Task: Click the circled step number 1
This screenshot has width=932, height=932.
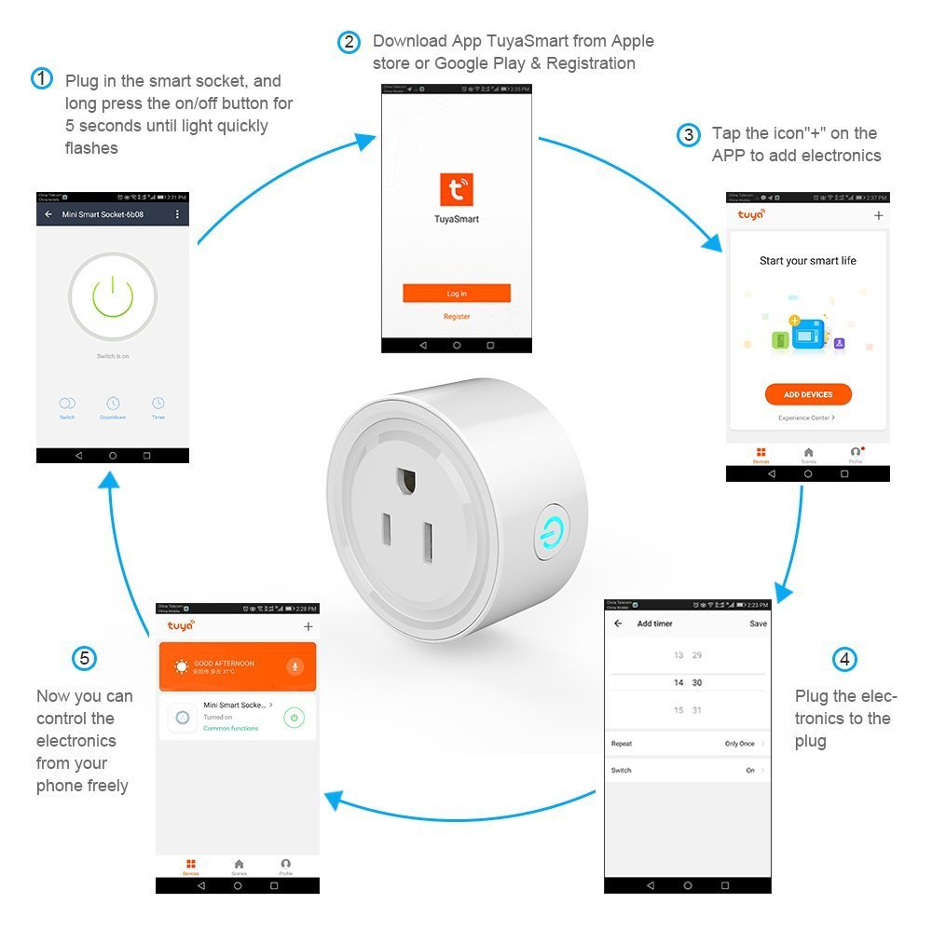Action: tap(42, 78)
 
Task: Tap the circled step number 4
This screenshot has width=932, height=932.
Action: tap(844, 660)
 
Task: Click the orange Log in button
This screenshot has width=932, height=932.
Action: tap(457, 294)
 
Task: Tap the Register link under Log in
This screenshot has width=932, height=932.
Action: tap(457, 317)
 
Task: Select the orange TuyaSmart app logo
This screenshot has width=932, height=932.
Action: tap(457, 189)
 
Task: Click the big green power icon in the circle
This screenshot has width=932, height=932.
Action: tap(113, 296)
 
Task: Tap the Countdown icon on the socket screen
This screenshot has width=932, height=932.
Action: tap(113, 404)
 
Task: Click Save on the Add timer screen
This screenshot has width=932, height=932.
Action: tap(758, 624)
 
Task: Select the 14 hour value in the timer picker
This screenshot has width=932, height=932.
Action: tap(678, 683)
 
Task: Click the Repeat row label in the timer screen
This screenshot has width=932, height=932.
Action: tap(622, 744)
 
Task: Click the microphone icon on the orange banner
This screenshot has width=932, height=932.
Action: tap(295, 665)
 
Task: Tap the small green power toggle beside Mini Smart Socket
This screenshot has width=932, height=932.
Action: tap(295, 718)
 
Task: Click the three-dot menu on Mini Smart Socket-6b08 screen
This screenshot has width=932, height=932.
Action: tap(177, 214)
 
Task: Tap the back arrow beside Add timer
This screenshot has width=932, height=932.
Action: tap(618, 624)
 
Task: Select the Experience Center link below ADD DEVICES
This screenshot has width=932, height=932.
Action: tap(807, 418)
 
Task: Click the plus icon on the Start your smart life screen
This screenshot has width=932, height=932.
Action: tap(878, 215)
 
